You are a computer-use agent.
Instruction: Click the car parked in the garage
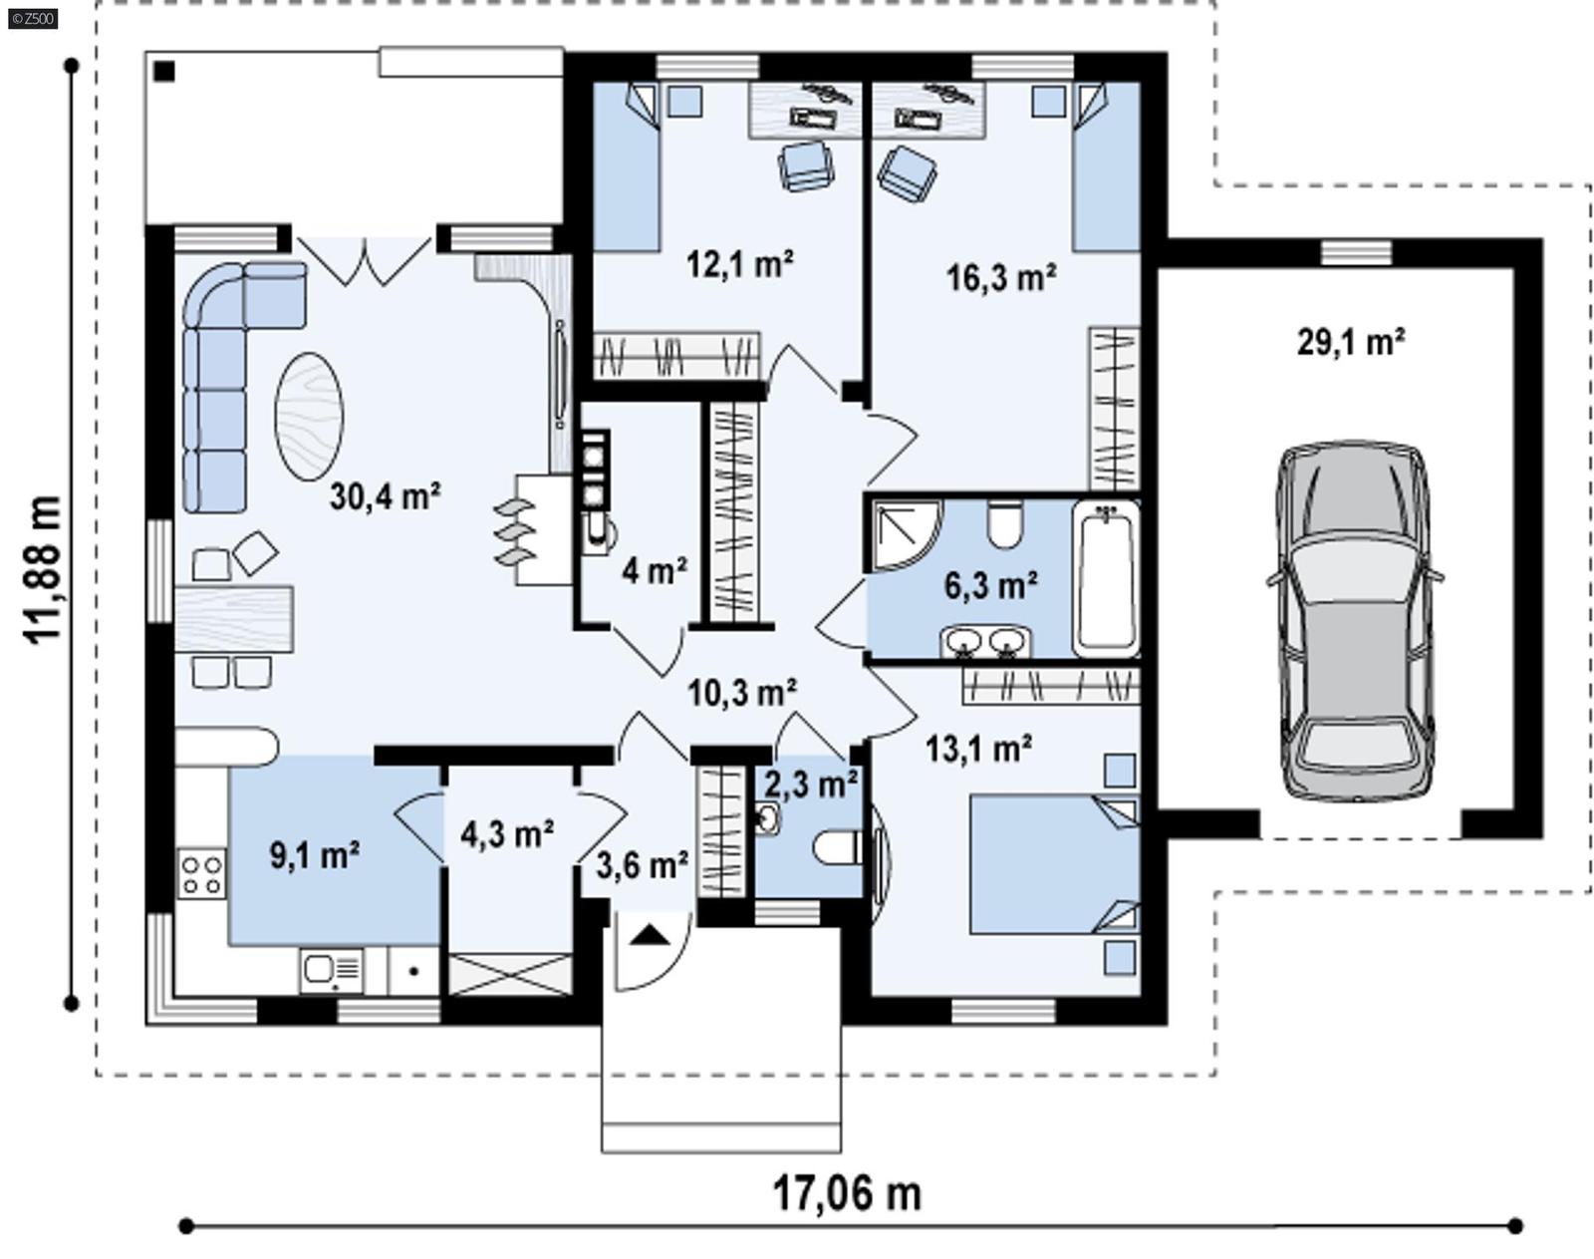[x=1355, y=623]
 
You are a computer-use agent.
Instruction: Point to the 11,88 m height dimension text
[x=44, y=570]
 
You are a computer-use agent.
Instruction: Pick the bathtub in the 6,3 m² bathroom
[x=1105, y=578]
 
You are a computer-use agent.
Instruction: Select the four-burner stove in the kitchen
[x=201, y=874]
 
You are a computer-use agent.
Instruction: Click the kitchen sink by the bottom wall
[x=331, y=969]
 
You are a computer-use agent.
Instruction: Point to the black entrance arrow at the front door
[x=649, y=934]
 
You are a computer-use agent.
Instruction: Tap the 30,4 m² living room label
[x=386, y=495]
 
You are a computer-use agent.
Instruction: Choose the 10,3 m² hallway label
[x=741, y=691]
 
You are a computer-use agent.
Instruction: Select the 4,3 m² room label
[x=507, y=833]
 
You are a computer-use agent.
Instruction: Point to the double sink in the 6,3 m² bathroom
[x=985, y=643]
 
